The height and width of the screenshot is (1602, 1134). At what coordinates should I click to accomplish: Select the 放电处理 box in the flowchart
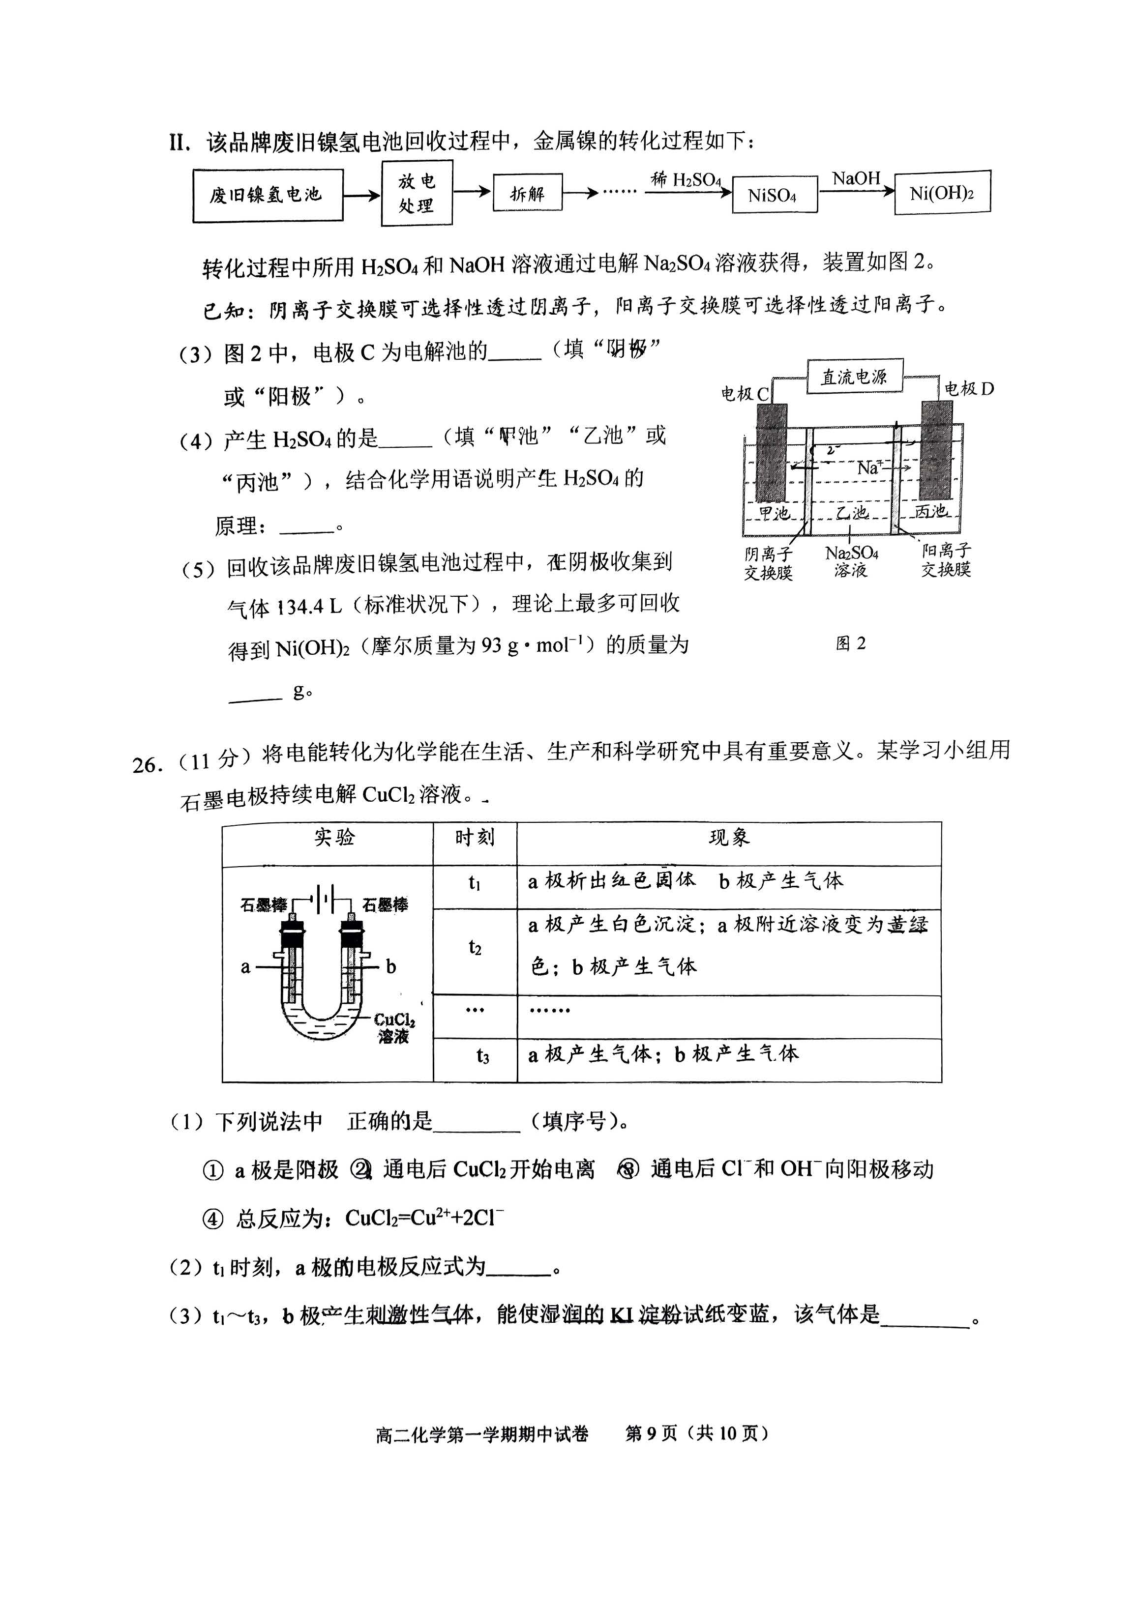[417, 193]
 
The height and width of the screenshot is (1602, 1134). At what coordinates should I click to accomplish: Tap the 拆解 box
[527, 193]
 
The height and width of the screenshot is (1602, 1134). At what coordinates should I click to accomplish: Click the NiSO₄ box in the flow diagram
[774, 195]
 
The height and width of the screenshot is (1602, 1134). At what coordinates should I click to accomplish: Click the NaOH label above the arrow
[856, 179]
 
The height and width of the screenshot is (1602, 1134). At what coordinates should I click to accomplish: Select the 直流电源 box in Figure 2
[854, 377]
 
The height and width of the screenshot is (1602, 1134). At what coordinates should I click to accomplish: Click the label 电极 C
[745, 394]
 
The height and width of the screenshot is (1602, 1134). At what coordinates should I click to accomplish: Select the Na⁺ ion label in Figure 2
[870, 467]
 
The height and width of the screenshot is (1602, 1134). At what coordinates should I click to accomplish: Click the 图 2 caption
[851, 643]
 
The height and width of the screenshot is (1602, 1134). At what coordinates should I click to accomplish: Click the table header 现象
[729, 838]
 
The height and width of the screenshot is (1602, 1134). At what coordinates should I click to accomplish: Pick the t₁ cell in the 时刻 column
[475, 883]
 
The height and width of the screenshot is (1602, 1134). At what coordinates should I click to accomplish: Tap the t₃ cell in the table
[482, 1056]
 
